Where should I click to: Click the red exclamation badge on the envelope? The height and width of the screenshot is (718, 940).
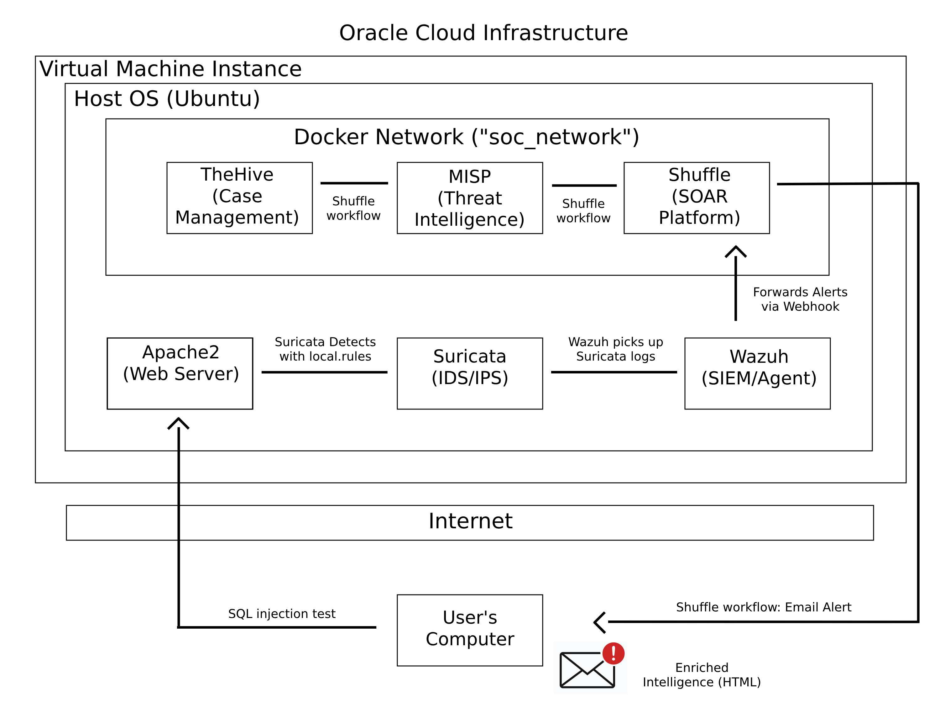[x=613, y=653]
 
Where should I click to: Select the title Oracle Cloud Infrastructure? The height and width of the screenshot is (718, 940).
[x=483, y=33]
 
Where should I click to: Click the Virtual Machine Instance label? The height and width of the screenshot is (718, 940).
[x=171, y=69]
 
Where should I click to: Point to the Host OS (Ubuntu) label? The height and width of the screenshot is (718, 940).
[x=167, y=99]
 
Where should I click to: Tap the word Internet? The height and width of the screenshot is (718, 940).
[x=470, y=521]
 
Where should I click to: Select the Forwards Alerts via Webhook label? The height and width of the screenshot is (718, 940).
[x=800, y=299]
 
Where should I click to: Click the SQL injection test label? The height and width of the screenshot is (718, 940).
[x=282, y=614]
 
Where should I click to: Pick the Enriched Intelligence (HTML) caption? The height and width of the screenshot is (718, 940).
[x=702, y=674]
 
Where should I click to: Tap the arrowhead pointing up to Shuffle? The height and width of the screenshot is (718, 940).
[x=735, y=251]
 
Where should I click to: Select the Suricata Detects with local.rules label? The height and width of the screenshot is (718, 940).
[x=325, y=349]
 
